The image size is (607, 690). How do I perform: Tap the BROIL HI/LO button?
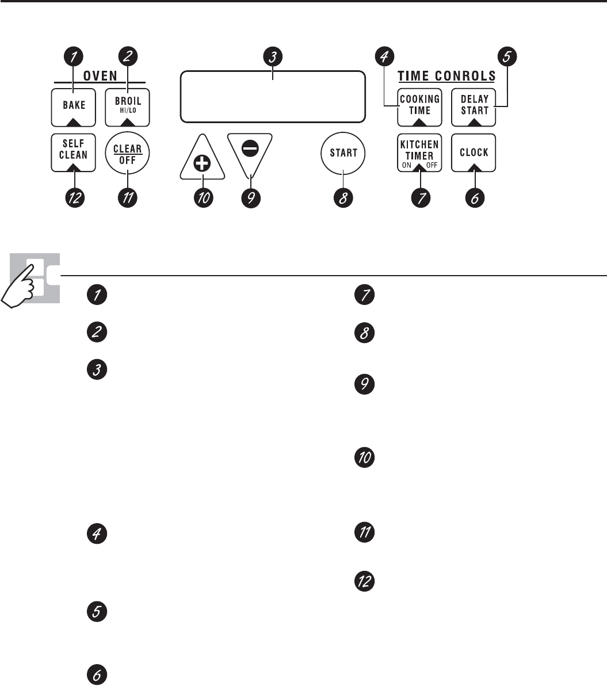pyautogui.click(x=127, y=106)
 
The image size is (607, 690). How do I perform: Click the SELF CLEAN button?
pyautogui.click(x=73, y=152)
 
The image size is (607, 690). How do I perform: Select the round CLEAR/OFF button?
pyautogui.click(x=127, y=153)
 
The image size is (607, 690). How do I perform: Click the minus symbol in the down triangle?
pyautogui.click(x=250, y=147)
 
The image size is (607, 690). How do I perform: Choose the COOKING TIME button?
pyautogui.click(x=420, y=106)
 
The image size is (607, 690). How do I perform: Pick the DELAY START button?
pyautogui.click(x=474, y=106)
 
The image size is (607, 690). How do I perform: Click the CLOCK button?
pyautogui.click(x=474, y=153)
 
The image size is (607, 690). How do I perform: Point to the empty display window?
pyautogui.click(x=273, y=96)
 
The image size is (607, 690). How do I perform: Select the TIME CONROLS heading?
pyautogui.click(x=447, y=75)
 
